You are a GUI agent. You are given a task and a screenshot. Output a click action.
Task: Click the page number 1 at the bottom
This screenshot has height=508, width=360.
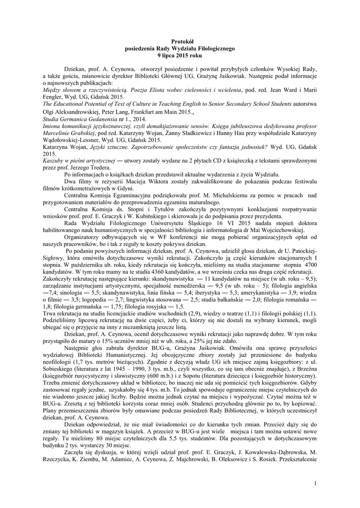click(x=315, y=483)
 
